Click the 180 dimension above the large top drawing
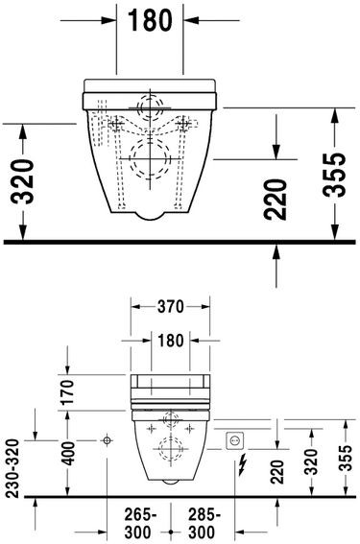tap(150, 19)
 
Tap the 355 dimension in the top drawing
tap(333, 175)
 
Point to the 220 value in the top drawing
tap(276, 198)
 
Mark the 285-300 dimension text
tap(202, 522)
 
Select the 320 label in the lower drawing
tap(310, 465)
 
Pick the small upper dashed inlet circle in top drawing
tap(149, 106)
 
